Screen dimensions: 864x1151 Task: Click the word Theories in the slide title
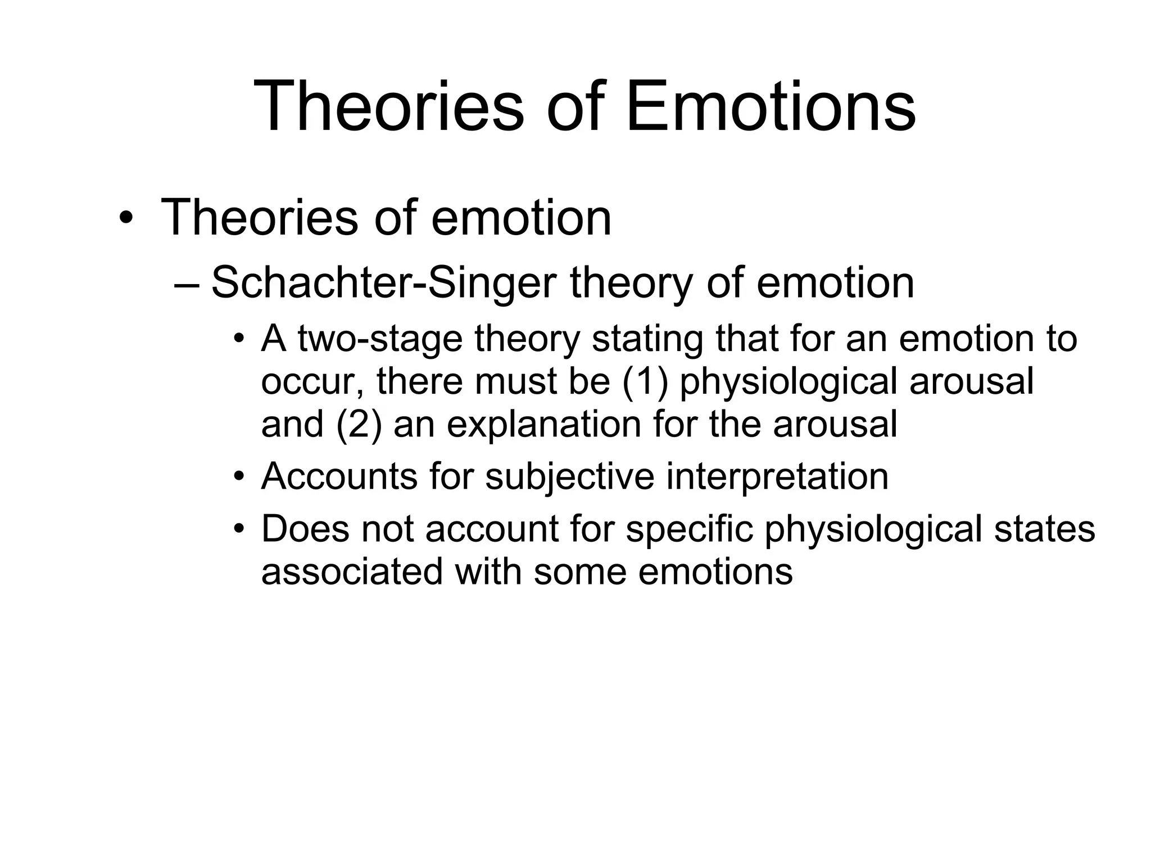388,107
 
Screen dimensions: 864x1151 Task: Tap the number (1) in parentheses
645,382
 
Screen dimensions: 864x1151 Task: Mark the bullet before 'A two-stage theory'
240,339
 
